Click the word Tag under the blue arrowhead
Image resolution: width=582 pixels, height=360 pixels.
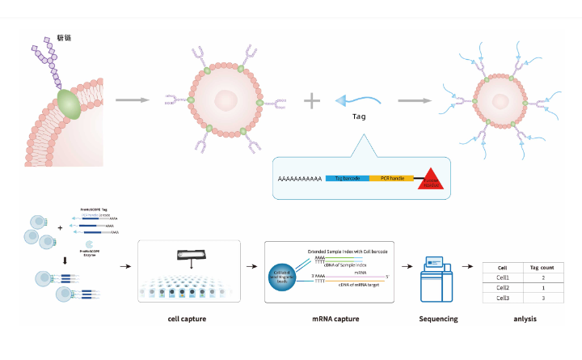pos(359,116)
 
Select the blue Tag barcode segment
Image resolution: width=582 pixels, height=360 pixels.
pos(347,177)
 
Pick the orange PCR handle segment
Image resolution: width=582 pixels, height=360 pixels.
pos(392,177)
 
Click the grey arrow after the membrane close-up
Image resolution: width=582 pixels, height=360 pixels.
pos(133,100)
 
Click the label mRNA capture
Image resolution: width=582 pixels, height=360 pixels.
pos(335,319)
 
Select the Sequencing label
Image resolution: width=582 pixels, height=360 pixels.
pos(438,319)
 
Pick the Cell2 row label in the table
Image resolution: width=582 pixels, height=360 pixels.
pos(503,287)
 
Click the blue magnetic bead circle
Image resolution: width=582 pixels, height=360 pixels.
pos(285,277)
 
